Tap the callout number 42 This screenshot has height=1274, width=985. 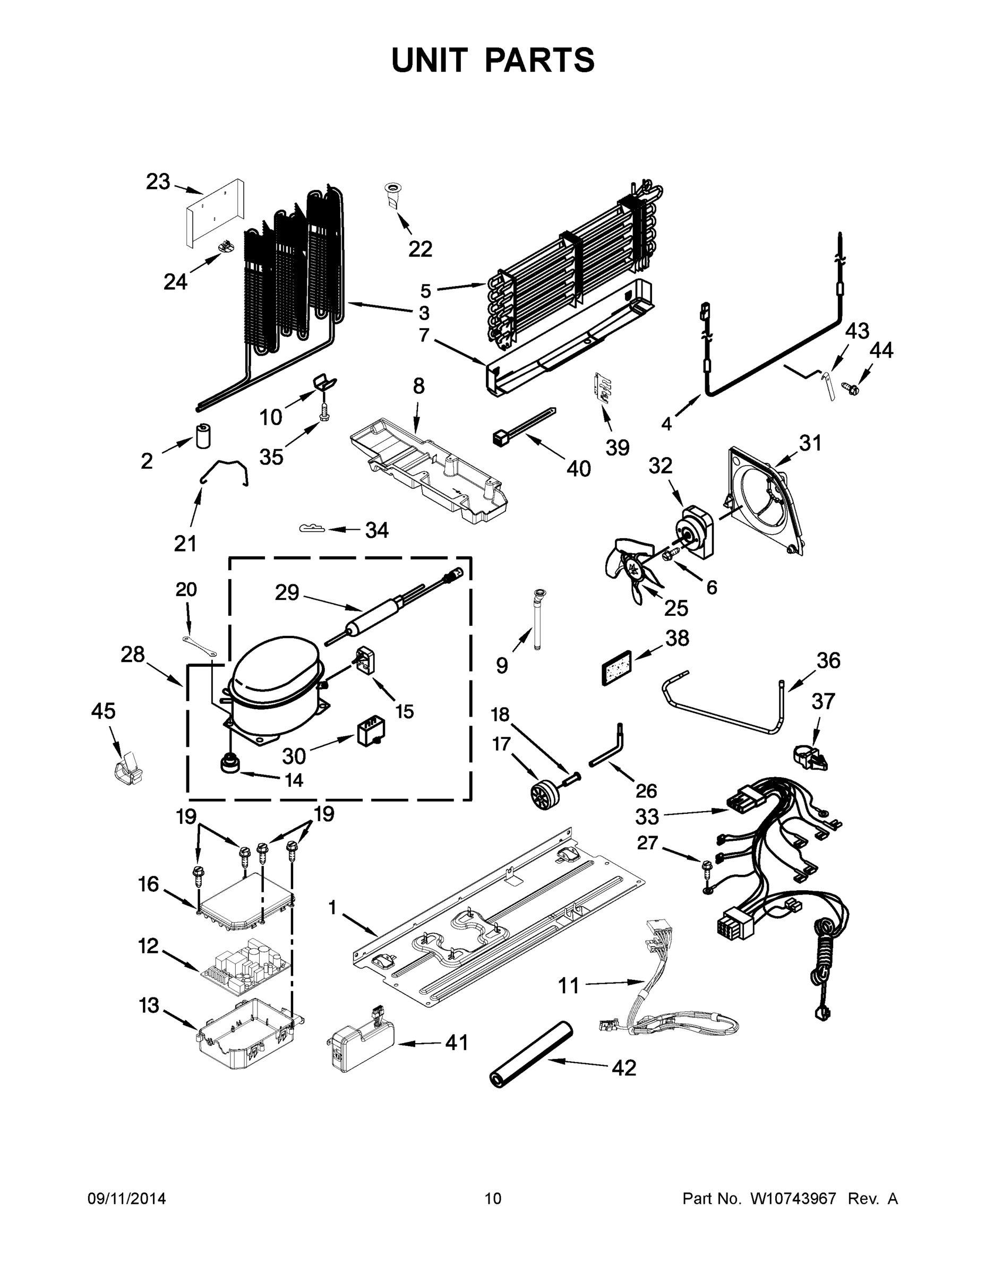[624, 1068]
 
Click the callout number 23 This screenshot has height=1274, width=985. [158, 182]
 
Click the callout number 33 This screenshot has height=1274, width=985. [647, 816]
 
